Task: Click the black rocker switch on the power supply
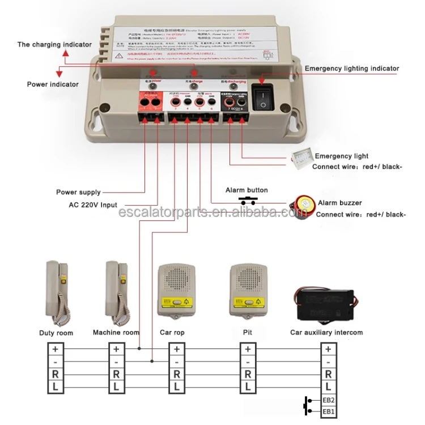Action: click(263, 98)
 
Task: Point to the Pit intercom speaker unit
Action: click(247, 290)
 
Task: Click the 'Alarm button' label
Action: click(246, 190)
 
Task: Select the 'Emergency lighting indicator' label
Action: click(352, 69)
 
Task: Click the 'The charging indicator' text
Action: click(54, 44)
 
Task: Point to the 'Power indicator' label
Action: click(53, 84)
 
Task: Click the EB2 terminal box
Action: click(329, 399)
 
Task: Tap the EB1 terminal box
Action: click(329, 411)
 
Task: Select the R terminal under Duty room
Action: click(56, 374)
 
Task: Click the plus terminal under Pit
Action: click(247, 350)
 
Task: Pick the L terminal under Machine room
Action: click(116, 386)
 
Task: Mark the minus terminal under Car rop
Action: click(177, 362)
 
